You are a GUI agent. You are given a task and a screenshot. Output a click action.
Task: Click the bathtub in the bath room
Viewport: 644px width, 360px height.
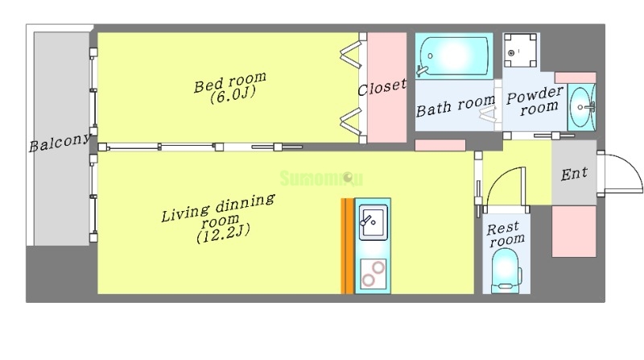point(453,56)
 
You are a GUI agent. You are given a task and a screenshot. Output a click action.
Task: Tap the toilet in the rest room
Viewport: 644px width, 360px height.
point(506,271)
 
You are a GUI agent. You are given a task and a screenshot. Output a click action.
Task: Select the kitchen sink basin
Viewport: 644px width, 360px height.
point(373,222)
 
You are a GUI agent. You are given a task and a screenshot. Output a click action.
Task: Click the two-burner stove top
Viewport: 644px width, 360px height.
point(374,274)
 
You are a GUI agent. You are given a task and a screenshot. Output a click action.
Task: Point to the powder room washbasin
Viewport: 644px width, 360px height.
point(581,107)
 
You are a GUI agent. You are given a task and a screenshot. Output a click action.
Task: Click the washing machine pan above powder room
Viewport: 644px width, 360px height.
point(520,50)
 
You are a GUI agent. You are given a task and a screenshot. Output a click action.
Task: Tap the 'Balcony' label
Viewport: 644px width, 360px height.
point(60,143)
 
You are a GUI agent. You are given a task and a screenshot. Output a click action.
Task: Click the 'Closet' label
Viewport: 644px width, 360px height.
point(382,87)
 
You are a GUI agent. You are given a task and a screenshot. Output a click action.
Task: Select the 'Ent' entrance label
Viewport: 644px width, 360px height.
point(574,174)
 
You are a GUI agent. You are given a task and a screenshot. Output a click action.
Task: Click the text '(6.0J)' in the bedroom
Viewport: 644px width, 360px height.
point(233,94)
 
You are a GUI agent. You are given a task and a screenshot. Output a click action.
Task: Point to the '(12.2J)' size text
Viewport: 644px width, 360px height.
point(223,234)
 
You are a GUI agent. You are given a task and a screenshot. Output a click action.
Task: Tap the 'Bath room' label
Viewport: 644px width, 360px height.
point(456,106)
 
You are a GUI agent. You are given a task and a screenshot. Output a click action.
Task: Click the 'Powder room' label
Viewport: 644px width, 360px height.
point(535,101)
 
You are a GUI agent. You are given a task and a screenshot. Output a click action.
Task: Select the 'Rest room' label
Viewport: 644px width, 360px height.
point(506,234)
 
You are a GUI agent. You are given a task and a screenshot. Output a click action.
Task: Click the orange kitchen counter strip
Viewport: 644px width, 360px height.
point(347,246)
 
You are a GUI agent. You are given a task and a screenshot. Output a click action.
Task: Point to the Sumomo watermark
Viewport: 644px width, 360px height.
point(321,178)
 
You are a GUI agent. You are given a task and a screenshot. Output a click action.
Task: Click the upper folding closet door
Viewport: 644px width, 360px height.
point(350,56)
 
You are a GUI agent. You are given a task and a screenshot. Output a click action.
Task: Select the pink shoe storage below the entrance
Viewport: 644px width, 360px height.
point(574,231)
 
